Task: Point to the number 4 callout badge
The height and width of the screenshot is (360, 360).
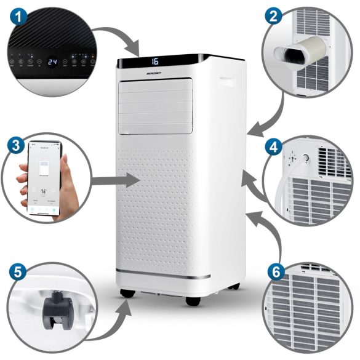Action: [x=273, y=147]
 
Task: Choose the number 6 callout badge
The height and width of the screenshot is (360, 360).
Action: [x=273, y=271]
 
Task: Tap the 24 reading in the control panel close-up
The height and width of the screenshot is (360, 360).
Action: [x=54, y=62]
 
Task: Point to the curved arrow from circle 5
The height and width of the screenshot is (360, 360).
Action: [x=111, y=321]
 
